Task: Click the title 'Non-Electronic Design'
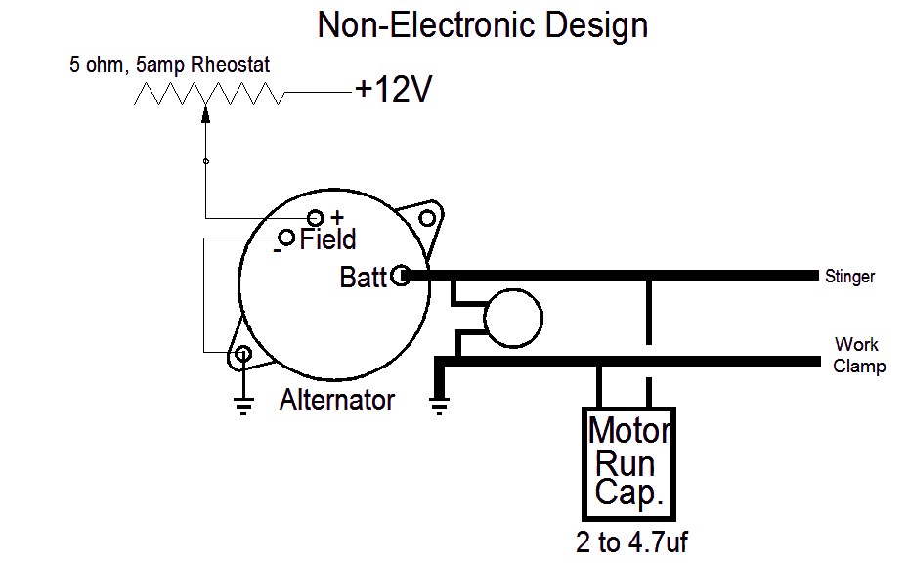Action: (482, 26)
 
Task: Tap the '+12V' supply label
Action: (393, 90)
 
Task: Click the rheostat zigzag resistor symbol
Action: (209, 94)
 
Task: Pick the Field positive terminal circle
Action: (316, 217)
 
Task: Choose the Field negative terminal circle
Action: (286, 238)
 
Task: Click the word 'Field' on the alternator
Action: (327, 240)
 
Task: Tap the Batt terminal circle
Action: (401, 276)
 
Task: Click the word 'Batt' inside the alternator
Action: (363, 277)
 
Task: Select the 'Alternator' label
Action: (337, 400)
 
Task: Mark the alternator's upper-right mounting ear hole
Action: (426, 217)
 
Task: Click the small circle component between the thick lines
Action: (513, 318)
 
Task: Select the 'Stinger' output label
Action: (849, 278)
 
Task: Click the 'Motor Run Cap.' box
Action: (628, 462)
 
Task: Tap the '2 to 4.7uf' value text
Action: (631, 542)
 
